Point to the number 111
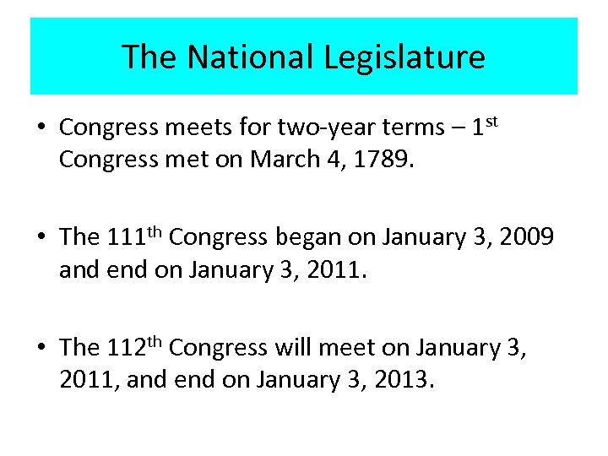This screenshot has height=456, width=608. [x=128, y=238]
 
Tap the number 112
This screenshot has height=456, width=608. [x=128, y=348]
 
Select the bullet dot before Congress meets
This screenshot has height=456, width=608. [x=41, y=128]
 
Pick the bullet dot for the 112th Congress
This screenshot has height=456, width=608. [x=41, y=349]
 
